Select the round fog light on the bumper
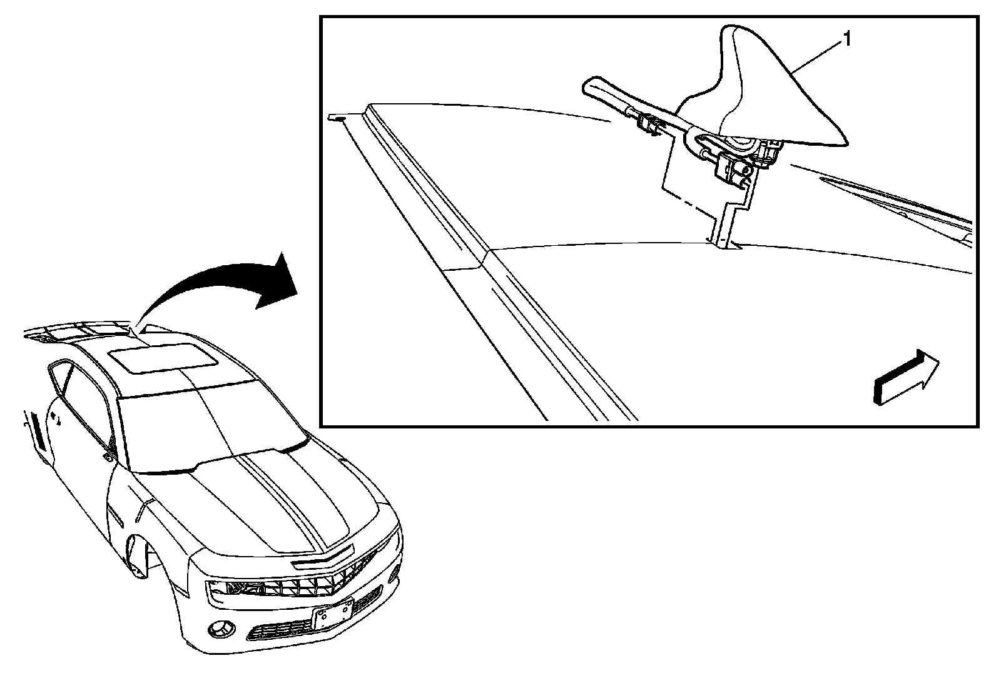point(220,629)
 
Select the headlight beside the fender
point(235,588)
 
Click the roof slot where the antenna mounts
point(723,241)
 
